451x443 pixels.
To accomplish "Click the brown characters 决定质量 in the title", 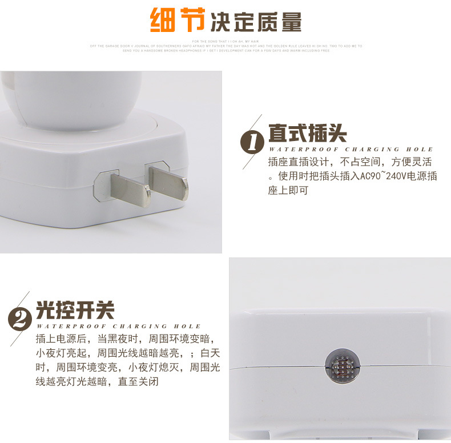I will coord(256,22).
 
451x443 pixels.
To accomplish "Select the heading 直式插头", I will coord(307,134).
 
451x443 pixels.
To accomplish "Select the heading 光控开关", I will coord(75,310).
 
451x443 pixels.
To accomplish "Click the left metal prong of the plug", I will coord(130,190).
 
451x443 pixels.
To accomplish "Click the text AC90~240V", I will coord(382,176).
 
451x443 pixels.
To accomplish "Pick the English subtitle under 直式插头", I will coord(351,149).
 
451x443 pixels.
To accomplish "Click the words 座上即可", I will coord(288,191).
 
